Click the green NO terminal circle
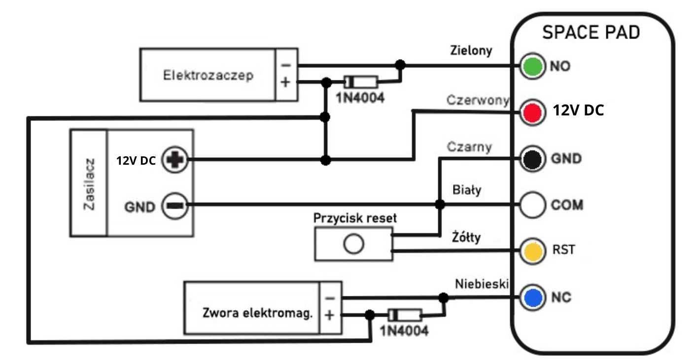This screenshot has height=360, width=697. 532,66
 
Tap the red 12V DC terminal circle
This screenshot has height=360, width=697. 532,112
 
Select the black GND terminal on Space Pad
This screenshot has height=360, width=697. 532,159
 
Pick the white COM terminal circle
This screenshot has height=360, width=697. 532,205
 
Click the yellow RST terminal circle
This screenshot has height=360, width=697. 532,251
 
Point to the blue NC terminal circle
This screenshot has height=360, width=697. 532,297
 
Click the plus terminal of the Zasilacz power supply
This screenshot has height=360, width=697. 175,160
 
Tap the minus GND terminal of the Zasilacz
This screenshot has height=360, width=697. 175,206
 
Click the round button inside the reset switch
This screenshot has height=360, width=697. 353,244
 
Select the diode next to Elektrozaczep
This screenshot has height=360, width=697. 361,82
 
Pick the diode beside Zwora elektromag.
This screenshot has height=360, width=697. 405,315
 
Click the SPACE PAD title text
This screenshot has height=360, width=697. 591,33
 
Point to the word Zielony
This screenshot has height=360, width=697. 471,50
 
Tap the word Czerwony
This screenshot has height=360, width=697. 478,100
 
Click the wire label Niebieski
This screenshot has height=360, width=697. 482,284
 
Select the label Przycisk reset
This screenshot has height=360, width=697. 355,218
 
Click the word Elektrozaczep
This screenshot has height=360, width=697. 208,75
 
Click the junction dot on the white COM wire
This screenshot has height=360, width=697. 440,205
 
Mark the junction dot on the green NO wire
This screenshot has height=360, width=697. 400,65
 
